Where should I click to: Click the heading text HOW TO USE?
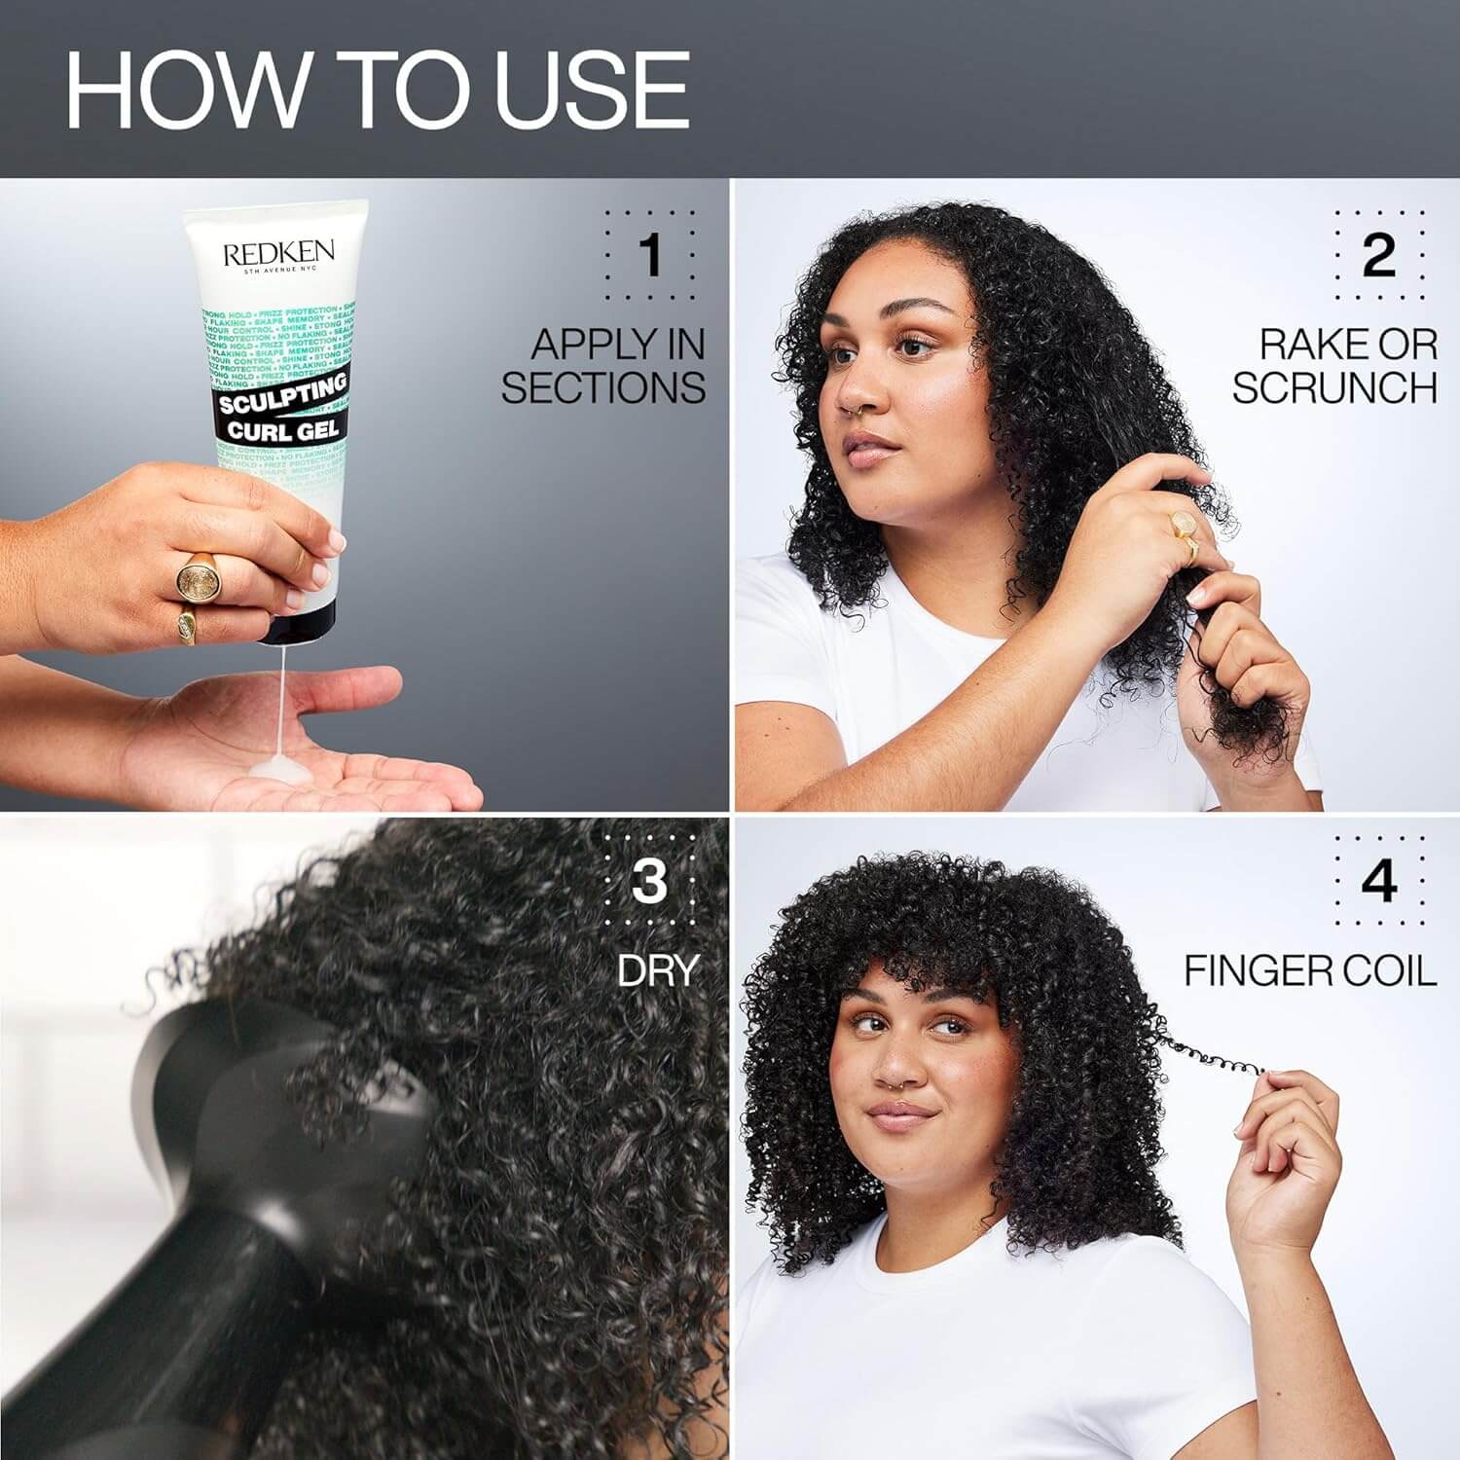click(378, 90)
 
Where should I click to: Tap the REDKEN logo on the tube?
click(278, 254)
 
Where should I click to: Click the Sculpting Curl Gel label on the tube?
click(282, 407)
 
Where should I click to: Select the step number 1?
click(650, 255)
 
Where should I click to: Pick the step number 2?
click(1378, 255)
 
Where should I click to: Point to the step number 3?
click(649, 881)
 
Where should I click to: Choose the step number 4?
click(1378, 881)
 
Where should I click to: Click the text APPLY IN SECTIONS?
click(603, 366)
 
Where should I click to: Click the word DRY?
click(659, 970)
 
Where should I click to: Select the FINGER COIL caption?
click(1310, 970)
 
